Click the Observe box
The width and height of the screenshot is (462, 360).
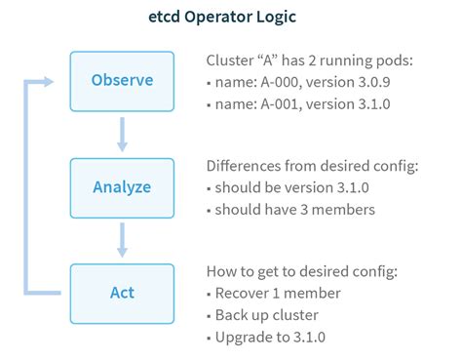122,80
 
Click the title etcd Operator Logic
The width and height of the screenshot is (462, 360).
230,18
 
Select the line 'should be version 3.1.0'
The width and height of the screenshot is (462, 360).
295,185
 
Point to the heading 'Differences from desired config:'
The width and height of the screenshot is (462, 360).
313,165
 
